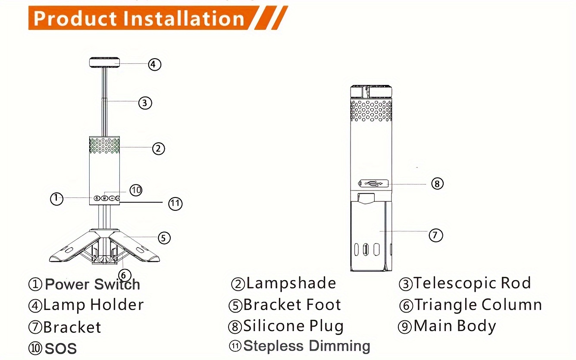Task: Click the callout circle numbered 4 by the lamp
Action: click(x=154, y=64)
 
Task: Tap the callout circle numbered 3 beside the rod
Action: click(x=145, y=103)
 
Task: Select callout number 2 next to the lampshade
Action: click(x=158, y=148)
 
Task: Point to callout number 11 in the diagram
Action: click(x=175, y=203)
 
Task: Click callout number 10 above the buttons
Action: click(x=136, y=190)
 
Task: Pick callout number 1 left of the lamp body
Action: click(x=56, y=198)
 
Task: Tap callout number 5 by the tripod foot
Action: click(x=164, y=238)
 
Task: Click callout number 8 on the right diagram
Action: click(x=437, y=184)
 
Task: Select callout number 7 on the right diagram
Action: click(x=435, y=235)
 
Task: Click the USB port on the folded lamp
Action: click(x=373, y=183)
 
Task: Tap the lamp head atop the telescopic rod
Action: click(x=104, y=63)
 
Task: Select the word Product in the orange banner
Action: click(x=75, y=19)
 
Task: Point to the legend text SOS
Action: click(x=61, y=348)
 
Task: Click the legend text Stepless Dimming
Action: click(x=307, y=346)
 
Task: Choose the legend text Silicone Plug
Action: click(x=294, y=326)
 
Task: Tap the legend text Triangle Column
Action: click(x=478, y=305)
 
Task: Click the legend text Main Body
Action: click(x=455, y=326)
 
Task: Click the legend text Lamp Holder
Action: click(x=93, y=305)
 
